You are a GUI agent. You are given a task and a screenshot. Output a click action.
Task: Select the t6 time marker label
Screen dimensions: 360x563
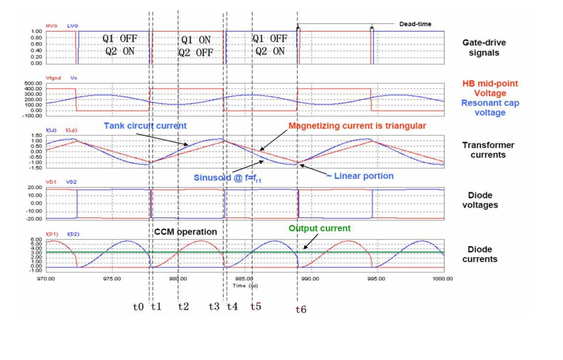pos(301,310)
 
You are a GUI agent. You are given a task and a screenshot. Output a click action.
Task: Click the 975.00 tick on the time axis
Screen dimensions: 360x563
pos(111,279)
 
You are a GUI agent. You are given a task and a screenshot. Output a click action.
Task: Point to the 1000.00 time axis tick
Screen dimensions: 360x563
pos(443,279)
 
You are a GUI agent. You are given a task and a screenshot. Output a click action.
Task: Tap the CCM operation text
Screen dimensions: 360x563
pos(185,232)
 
